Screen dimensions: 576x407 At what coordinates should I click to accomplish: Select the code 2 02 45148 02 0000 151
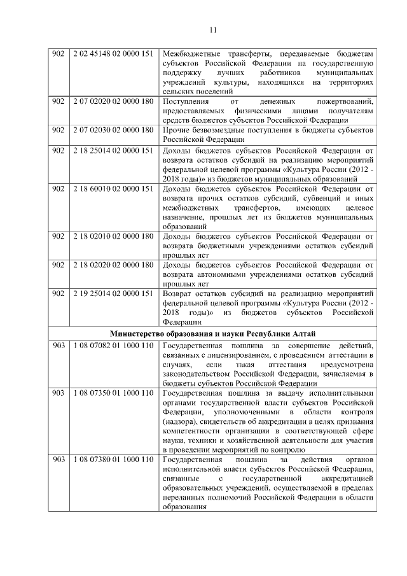(x=113, y=53)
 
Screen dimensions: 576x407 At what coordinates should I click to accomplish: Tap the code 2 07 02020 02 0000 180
(x=113, y=102)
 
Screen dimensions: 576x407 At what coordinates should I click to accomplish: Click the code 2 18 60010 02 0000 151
(x=113, y=189)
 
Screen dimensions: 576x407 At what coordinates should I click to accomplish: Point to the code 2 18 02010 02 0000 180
(x=113, y=236)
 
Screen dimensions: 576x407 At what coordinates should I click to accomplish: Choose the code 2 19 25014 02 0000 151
(x=113, y=293)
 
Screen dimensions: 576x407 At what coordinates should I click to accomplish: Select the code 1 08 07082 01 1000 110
(x=113, y=345)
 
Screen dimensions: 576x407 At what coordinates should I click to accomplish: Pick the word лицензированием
(x=238, y=355)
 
